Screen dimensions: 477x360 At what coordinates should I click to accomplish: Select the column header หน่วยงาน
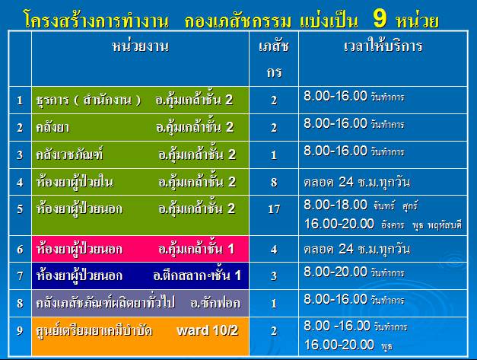click(140, 46)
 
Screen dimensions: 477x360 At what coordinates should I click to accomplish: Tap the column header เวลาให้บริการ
click(383, 46)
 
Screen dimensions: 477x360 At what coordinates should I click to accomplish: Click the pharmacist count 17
click(274, 209)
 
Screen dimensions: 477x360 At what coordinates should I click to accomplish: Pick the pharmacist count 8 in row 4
click(274, 182)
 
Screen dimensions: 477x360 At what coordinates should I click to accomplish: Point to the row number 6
click(20, 250)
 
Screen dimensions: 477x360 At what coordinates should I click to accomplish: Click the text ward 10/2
click(208, 330)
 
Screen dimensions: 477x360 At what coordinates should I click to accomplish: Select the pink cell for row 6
click(140, 249)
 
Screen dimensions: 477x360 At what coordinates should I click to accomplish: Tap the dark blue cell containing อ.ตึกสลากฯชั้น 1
click(140, 276)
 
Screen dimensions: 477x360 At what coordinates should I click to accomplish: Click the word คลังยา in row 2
click(52, 127)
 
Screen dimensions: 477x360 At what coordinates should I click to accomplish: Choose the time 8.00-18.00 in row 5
click(335, 205)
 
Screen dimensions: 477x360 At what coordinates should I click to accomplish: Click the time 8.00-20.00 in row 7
click(335, 272)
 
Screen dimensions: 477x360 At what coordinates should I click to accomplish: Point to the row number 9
click(20, 330)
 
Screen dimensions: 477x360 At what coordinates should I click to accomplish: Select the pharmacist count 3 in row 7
click(274, 276)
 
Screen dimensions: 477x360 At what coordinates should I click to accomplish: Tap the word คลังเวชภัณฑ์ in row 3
click(69, 154)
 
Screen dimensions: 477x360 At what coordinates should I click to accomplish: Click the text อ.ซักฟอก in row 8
click(215, 303)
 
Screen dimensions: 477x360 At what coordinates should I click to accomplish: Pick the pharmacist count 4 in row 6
click(274, 250)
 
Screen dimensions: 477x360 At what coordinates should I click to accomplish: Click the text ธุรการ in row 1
click(52, 100)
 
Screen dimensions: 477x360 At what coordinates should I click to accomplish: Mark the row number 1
click(20, 100)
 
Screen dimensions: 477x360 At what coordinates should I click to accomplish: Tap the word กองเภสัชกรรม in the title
click(238, 21)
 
